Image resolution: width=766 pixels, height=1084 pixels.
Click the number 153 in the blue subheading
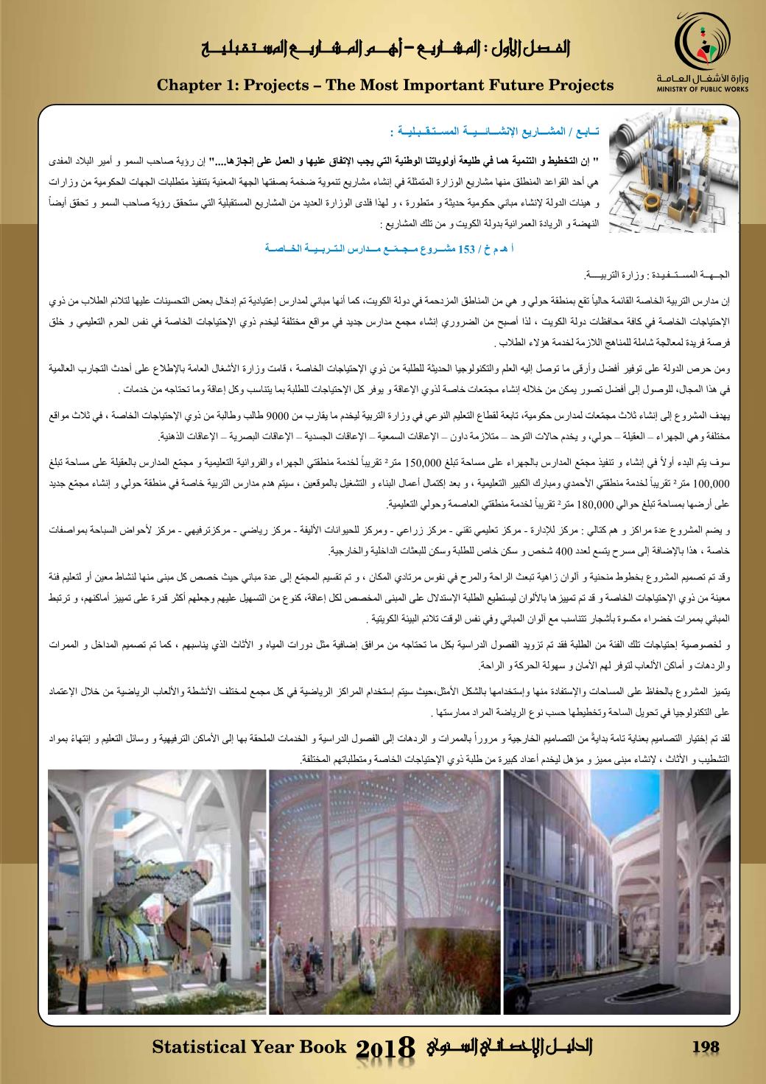tap(469, 250)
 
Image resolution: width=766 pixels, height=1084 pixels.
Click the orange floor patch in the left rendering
tap(70, 954)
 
